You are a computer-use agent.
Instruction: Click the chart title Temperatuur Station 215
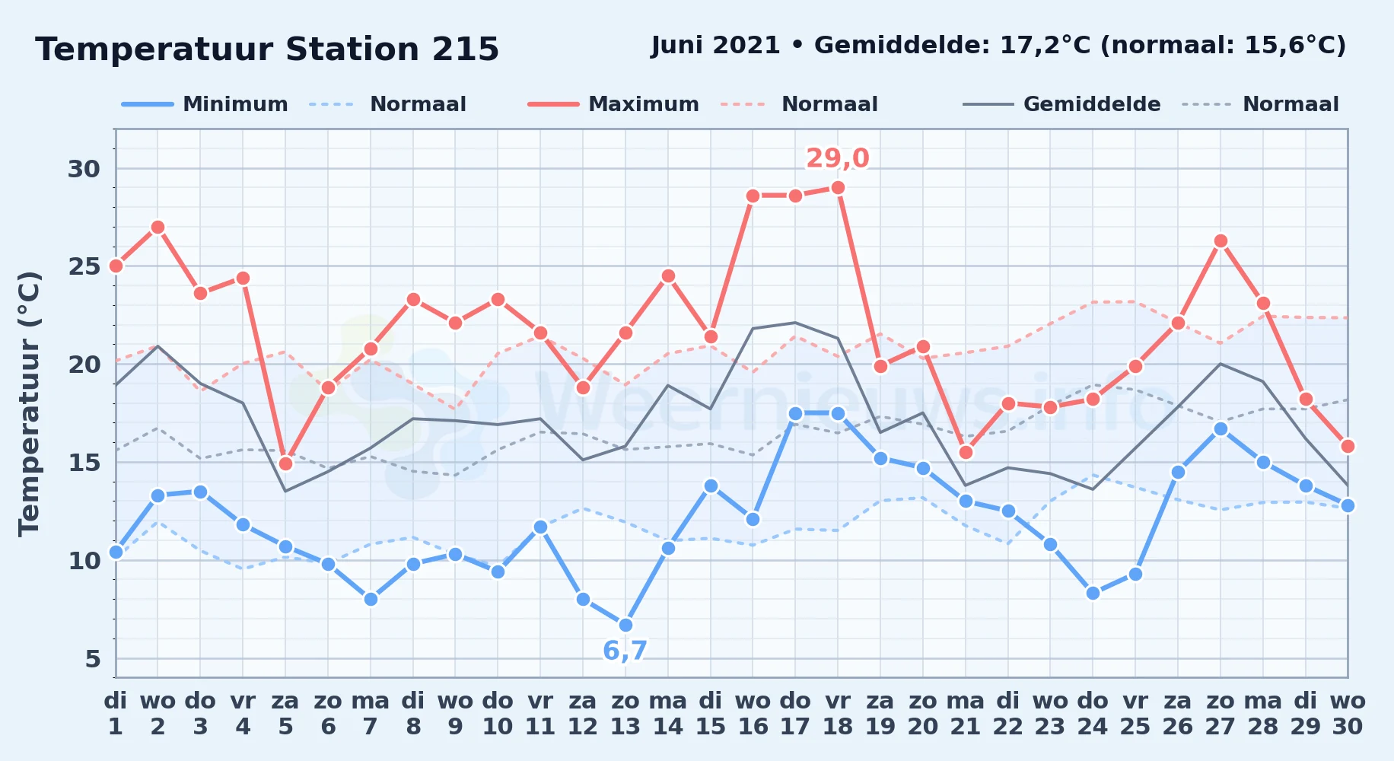[267, 49]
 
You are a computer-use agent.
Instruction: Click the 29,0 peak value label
[837, 158]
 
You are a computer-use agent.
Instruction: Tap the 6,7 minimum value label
[625, 651]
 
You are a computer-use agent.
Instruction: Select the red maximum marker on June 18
[838, 188]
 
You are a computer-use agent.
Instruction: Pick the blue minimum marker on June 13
[625, 626]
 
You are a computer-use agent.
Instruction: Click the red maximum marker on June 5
[285, 463]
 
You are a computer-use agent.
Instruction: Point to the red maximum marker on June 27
[1221, 241]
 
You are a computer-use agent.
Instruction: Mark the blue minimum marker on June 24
[1093, 594]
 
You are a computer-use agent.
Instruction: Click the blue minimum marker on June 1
[116, 552]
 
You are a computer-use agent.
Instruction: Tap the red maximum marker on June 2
[158, 228]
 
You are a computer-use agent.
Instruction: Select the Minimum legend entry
[205, 104]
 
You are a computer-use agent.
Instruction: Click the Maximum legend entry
[613, 104]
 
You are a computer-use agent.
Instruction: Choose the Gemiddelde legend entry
[1061, 104]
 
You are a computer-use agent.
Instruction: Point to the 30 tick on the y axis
[84, 169]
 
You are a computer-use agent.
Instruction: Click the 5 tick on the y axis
[93, 659]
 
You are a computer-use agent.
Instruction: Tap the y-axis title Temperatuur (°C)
[29, 403]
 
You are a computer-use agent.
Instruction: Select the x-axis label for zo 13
[625, 714]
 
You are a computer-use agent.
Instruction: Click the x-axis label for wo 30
[1348, 714]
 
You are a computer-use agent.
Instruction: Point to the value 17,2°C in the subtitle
[1046, 46]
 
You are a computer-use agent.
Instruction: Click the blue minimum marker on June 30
[1348, 505]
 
